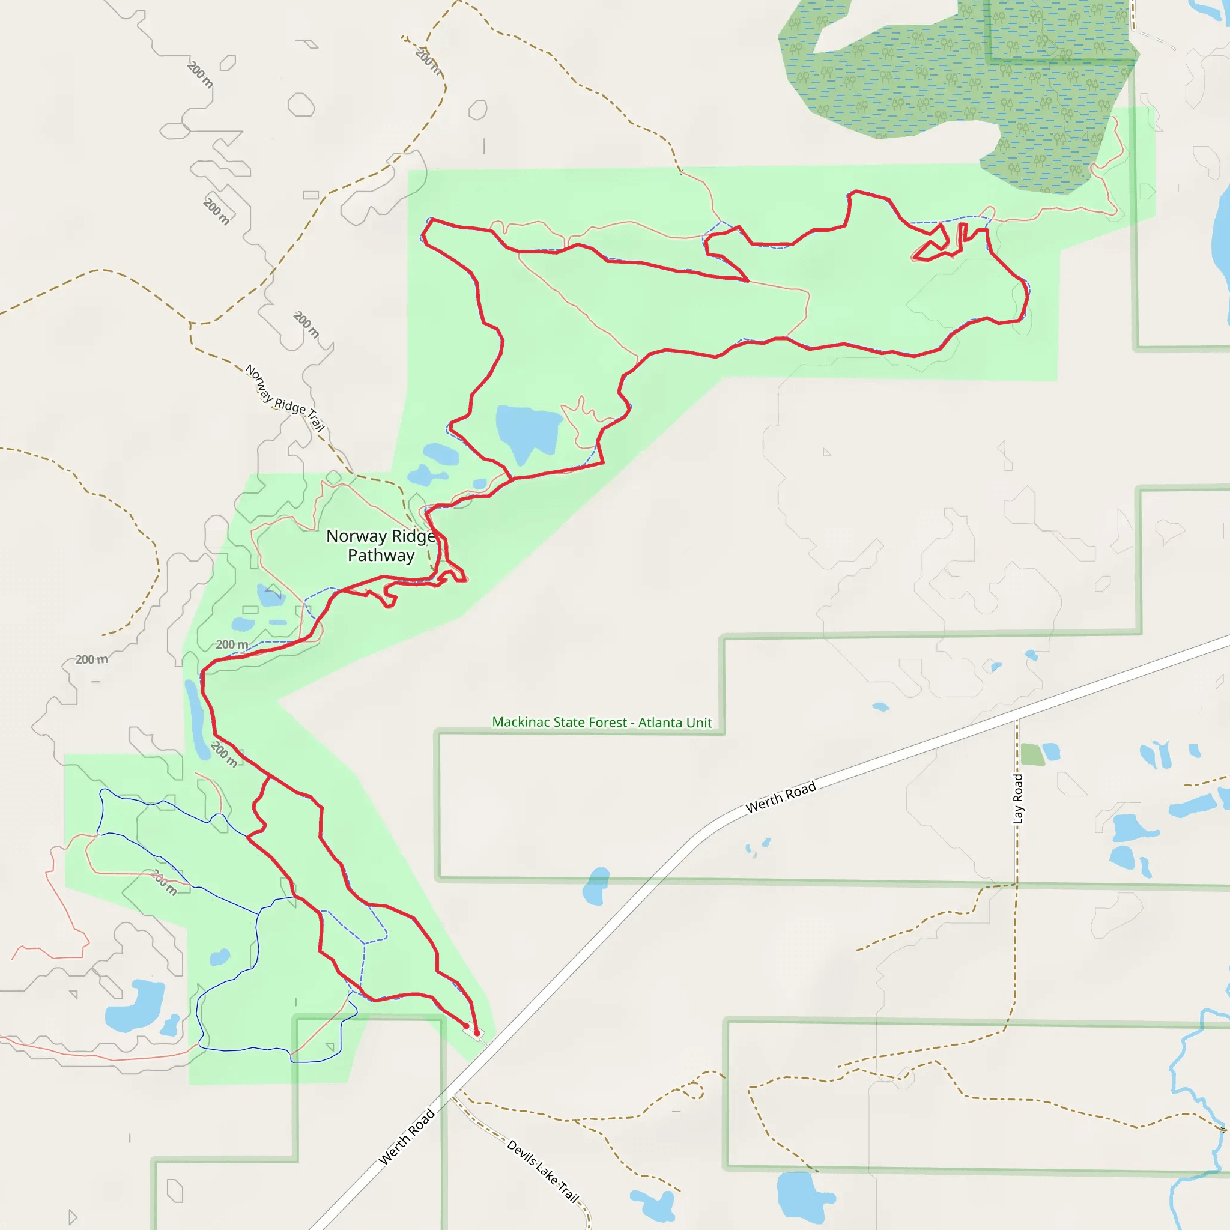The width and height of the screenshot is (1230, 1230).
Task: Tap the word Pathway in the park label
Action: [381, 556]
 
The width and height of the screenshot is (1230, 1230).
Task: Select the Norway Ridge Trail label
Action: [285, 398]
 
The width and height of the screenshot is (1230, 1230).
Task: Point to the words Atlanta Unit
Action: [675, 723]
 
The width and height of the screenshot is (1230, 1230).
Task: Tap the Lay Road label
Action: [1017, 798]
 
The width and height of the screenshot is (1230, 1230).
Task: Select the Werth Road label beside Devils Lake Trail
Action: [406, 1136]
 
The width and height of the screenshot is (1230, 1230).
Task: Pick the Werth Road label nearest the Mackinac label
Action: [781, 797]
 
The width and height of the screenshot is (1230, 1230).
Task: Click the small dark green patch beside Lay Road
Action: [1032, 754]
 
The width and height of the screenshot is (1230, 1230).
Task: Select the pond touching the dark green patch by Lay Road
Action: [1051, 752]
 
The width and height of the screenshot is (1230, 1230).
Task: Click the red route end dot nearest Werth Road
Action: [476, 1033]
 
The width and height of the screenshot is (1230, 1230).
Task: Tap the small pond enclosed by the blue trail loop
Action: [220, 957]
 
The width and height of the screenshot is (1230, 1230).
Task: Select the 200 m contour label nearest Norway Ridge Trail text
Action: [306, 324]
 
